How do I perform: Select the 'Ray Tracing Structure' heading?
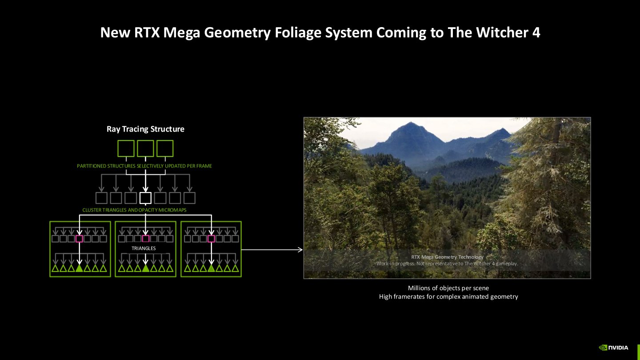145,129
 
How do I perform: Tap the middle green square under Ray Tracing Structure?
145,148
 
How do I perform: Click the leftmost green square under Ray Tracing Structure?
126,148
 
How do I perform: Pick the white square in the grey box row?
145,198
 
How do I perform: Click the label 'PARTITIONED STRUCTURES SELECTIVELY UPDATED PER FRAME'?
144,166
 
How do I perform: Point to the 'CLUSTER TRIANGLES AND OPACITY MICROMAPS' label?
135,210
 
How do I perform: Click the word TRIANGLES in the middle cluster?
144,248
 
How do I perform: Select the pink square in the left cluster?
80,239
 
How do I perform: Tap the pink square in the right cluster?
211,239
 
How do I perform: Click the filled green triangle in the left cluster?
80,268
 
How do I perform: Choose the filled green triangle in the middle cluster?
145,268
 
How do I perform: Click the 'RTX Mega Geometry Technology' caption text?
447,257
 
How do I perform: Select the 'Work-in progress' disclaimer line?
447,264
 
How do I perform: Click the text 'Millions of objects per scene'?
448,288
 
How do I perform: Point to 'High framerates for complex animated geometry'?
448,296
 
